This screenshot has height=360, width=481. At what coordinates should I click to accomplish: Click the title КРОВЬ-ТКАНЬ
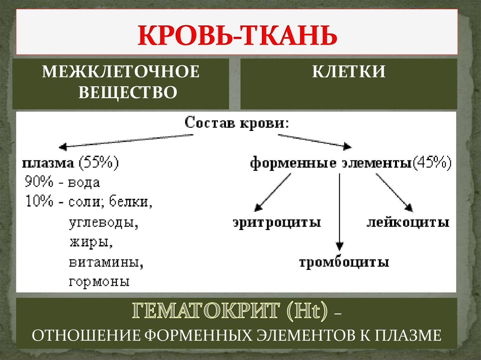pos(237,36)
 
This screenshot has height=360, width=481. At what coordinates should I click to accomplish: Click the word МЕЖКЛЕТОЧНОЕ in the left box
pos(121,72)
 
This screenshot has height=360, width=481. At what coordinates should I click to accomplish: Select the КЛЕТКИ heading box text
pos(349,72)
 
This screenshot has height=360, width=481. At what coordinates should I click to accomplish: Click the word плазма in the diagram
pos(48,163)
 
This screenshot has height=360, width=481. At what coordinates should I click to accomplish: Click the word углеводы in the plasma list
pos(103,222)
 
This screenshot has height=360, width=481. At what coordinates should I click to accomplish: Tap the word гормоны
pos(99,282)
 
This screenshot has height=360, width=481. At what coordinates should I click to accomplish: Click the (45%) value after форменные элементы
pos(432,163)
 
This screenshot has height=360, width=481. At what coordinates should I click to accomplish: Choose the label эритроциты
pos(277,222)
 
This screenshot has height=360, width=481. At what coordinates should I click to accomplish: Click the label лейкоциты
pos(408,222)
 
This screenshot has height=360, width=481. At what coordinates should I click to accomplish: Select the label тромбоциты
pos(344,261)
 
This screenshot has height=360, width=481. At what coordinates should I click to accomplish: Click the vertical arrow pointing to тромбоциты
pos(339,211)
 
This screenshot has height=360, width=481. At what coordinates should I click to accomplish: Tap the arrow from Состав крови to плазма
pos(127,140)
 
